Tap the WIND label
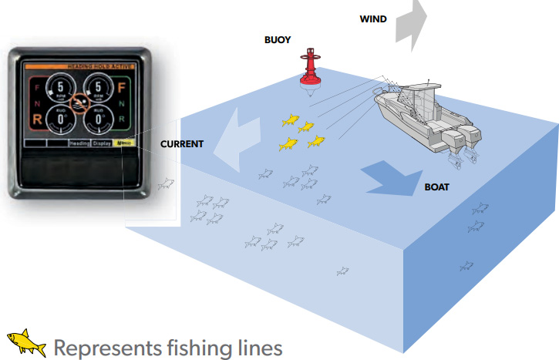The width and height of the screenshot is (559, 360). point(373,19)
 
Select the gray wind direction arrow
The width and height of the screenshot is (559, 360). point(409,21)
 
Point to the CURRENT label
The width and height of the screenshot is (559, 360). point(182,144)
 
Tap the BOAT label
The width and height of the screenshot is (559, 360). point(438,187)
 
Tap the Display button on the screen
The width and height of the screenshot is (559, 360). point(103,143)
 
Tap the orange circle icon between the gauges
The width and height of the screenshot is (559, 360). point(79,102)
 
